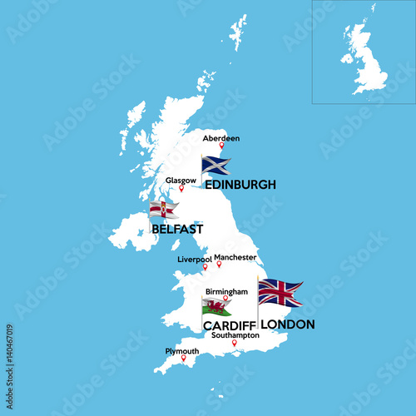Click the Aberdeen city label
(x=221, y=137)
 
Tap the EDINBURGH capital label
(x=240, y=185)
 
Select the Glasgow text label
(x=181, y=180)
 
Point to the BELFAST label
(x=177, y=227)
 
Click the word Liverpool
(x=195, y=260)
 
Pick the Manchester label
(x=234, y=258)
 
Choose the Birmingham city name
(x=226, y=292)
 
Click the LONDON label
(x=287, y=324)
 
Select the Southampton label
(x=235, y=335)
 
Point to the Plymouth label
(x=182, y=351)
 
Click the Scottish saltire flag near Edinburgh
(x=215, y=166)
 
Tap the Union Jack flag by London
(x=280, y=293)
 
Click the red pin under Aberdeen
(x=221, y=146)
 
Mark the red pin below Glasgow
(x=181, y=188)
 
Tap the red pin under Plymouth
(x=184, y=359)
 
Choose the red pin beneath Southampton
(x=235, y=343)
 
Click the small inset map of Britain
(x=364, y=52)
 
